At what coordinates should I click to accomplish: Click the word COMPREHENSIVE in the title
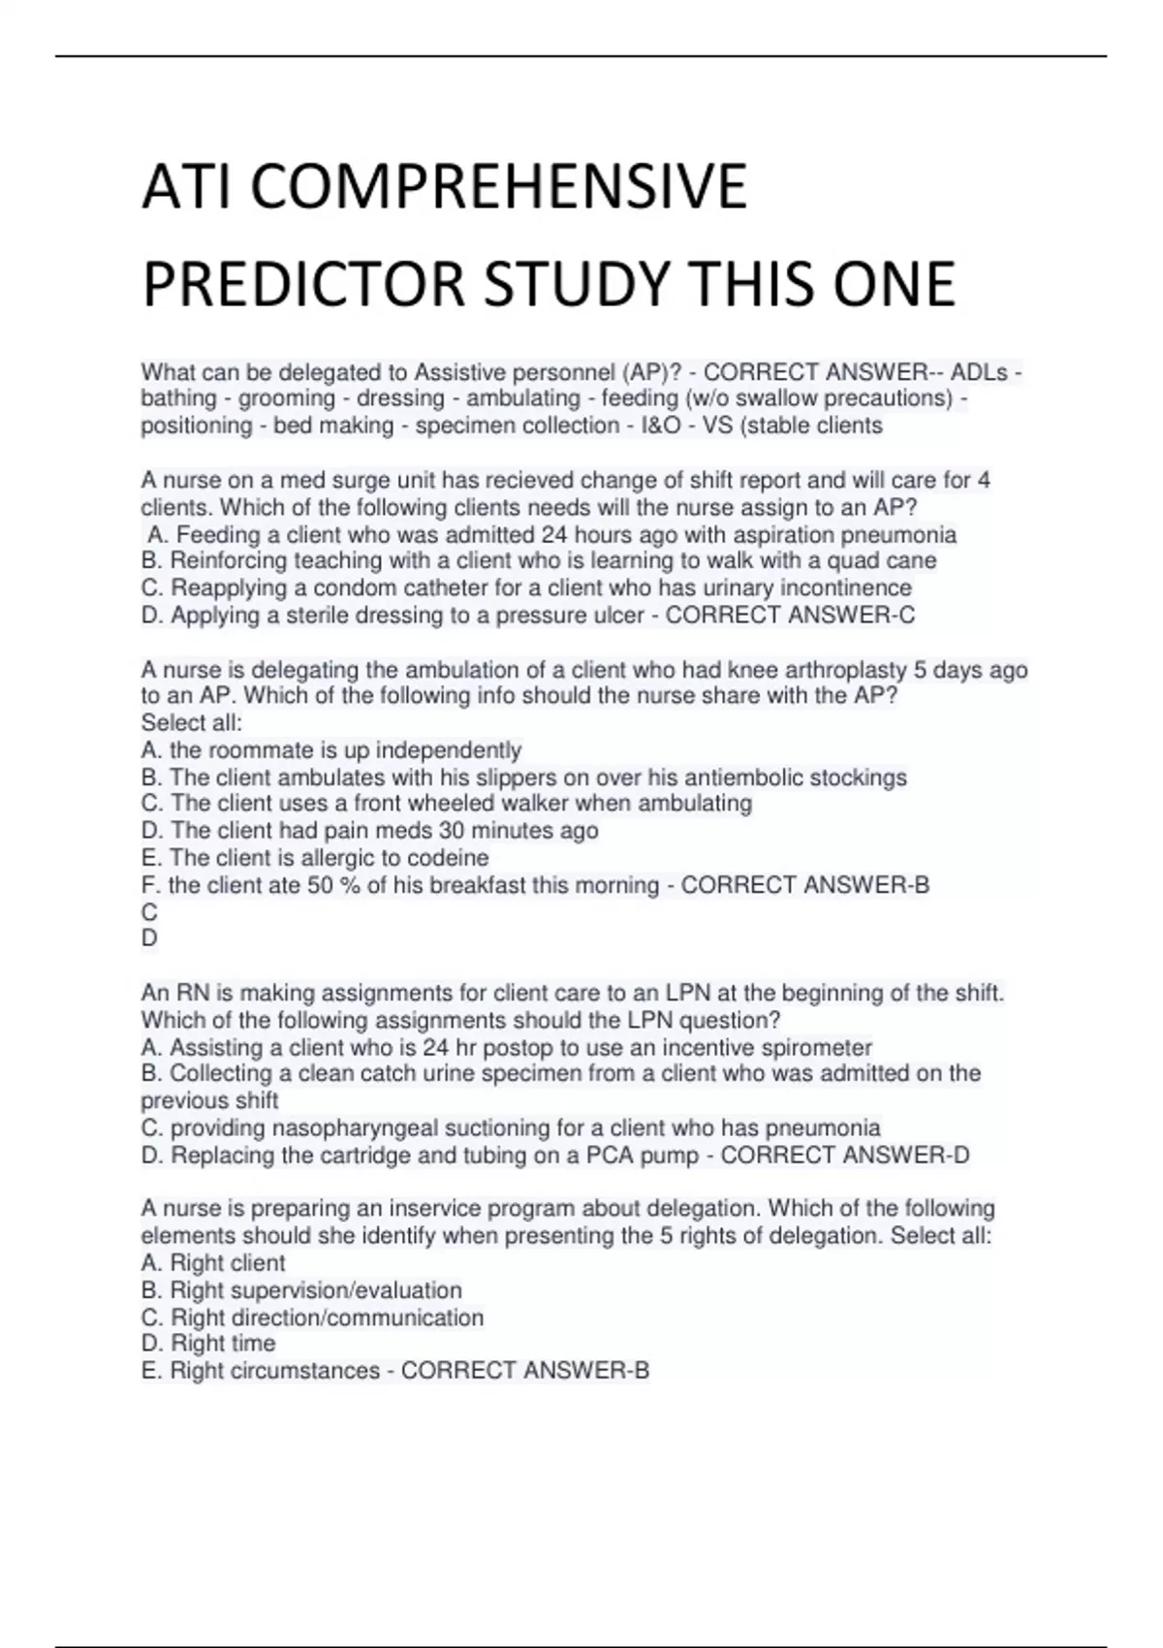[499, 186]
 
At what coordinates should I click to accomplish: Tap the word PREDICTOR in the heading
[304, 284]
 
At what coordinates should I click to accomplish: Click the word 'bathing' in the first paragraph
[178, 398]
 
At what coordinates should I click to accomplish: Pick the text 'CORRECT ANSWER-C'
[790, 615]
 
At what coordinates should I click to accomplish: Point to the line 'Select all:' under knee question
[191, 723]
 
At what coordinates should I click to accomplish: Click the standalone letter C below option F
[149, 912]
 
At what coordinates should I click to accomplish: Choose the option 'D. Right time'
[208, 1344]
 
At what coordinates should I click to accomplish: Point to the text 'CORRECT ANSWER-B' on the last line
[524, 1371]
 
